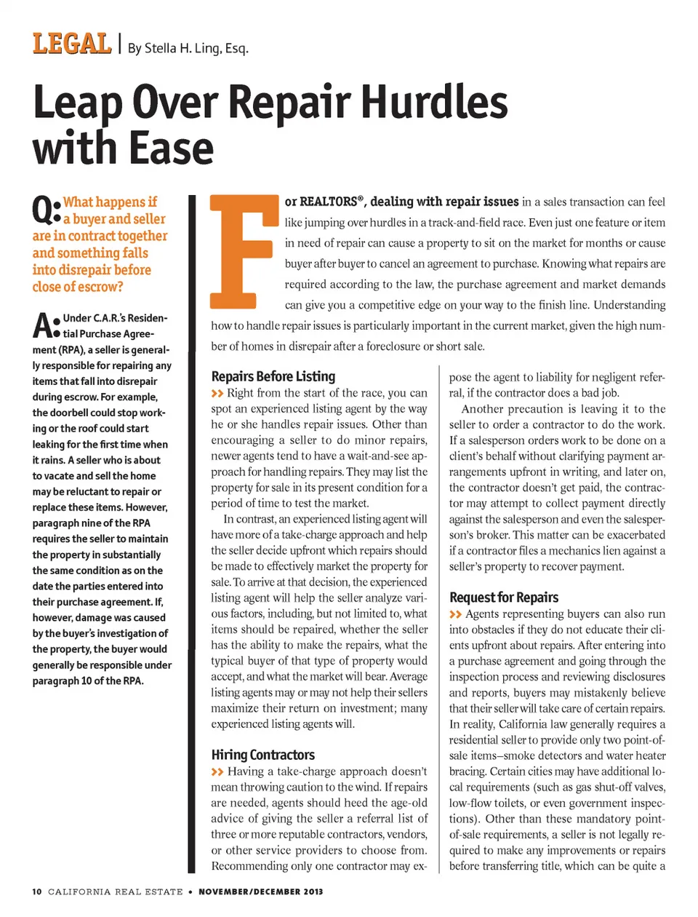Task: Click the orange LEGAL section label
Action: point(71,44)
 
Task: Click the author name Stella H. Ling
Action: point(188,49)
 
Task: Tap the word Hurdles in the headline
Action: point(434,102)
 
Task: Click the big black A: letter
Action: point(45,325)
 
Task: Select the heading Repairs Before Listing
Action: point(273,376)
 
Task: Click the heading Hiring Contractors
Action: point(262,755)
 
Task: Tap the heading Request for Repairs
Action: point(503,598)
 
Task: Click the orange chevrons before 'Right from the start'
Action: point(217,394)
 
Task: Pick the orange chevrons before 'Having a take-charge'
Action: point(217,771)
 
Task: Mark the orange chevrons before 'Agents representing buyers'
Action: point(455,614)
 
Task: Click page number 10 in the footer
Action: point(37,892)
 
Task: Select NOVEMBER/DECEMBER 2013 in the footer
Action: point(260,892)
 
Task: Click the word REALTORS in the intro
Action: point(329,202)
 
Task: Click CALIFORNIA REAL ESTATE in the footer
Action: point(115,892)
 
